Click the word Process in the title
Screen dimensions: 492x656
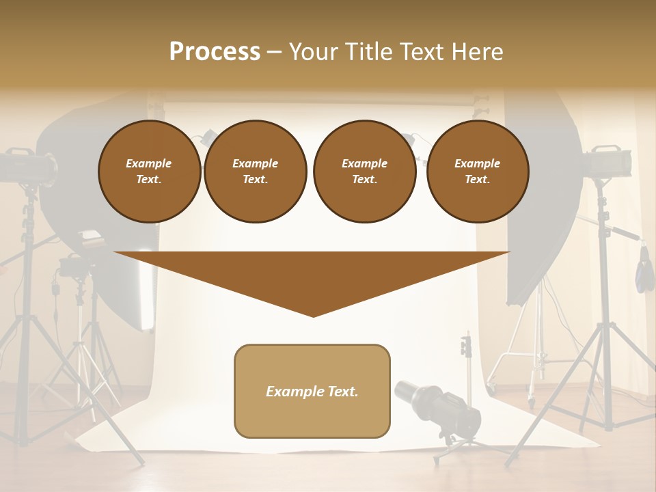[x=215, y=52]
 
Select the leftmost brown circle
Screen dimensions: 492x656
[x=149, y=172]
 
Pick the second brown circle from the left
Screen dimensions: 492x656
[x=256, y=172]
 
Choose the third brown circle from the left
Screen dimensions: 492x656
[x=364, y=172]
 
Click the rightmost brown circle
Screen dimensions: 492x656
[x=478, y=172]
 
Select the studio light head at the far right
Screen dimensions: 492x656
[x=607, y=161]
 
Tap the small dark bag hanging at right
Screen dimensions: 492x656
[x=643, y=273]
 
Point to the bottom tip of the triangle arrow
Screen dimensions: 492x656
[x=313, y=315]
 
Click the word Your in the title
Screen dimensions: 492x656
[x=313, y=52]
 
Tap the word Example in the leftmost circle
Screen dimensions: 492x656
[x=149, y=163]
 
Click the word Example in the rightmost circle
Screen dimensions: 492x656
[x=478, y=163]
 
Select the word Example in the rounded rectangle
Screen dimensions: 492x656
[x=292, y=392]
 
